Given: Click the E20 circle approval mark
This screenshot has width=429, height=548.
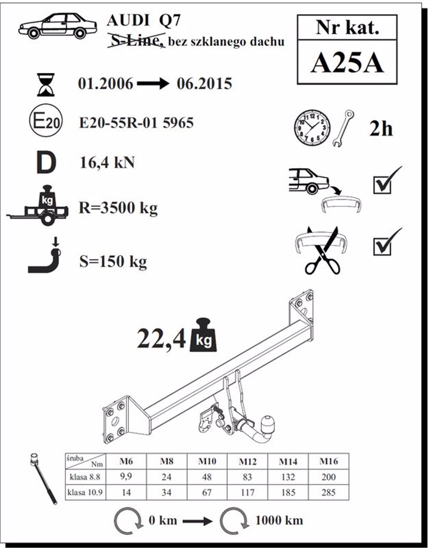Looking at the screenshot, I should click(46, 124).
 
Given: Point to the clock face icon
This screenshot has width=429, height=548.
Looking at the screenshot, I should click(312, 128).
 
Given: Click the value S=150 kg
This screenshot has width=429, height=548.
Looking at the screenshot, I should click(113, 261).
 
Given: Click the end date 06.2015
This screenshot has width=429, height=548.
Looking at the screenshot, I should click(204, 84).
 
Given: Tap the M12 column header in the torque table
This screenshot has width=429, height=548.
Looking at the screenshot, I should click(248, 462).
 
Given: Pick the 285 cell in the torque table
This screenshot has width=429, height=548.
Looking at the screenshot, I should click(328, 492).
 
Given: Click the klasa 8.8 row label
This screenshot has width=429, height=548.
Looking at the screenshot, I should click(85, 477).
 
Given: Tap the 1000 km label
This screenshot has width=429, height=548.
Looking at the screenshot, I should click(279, 521).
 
